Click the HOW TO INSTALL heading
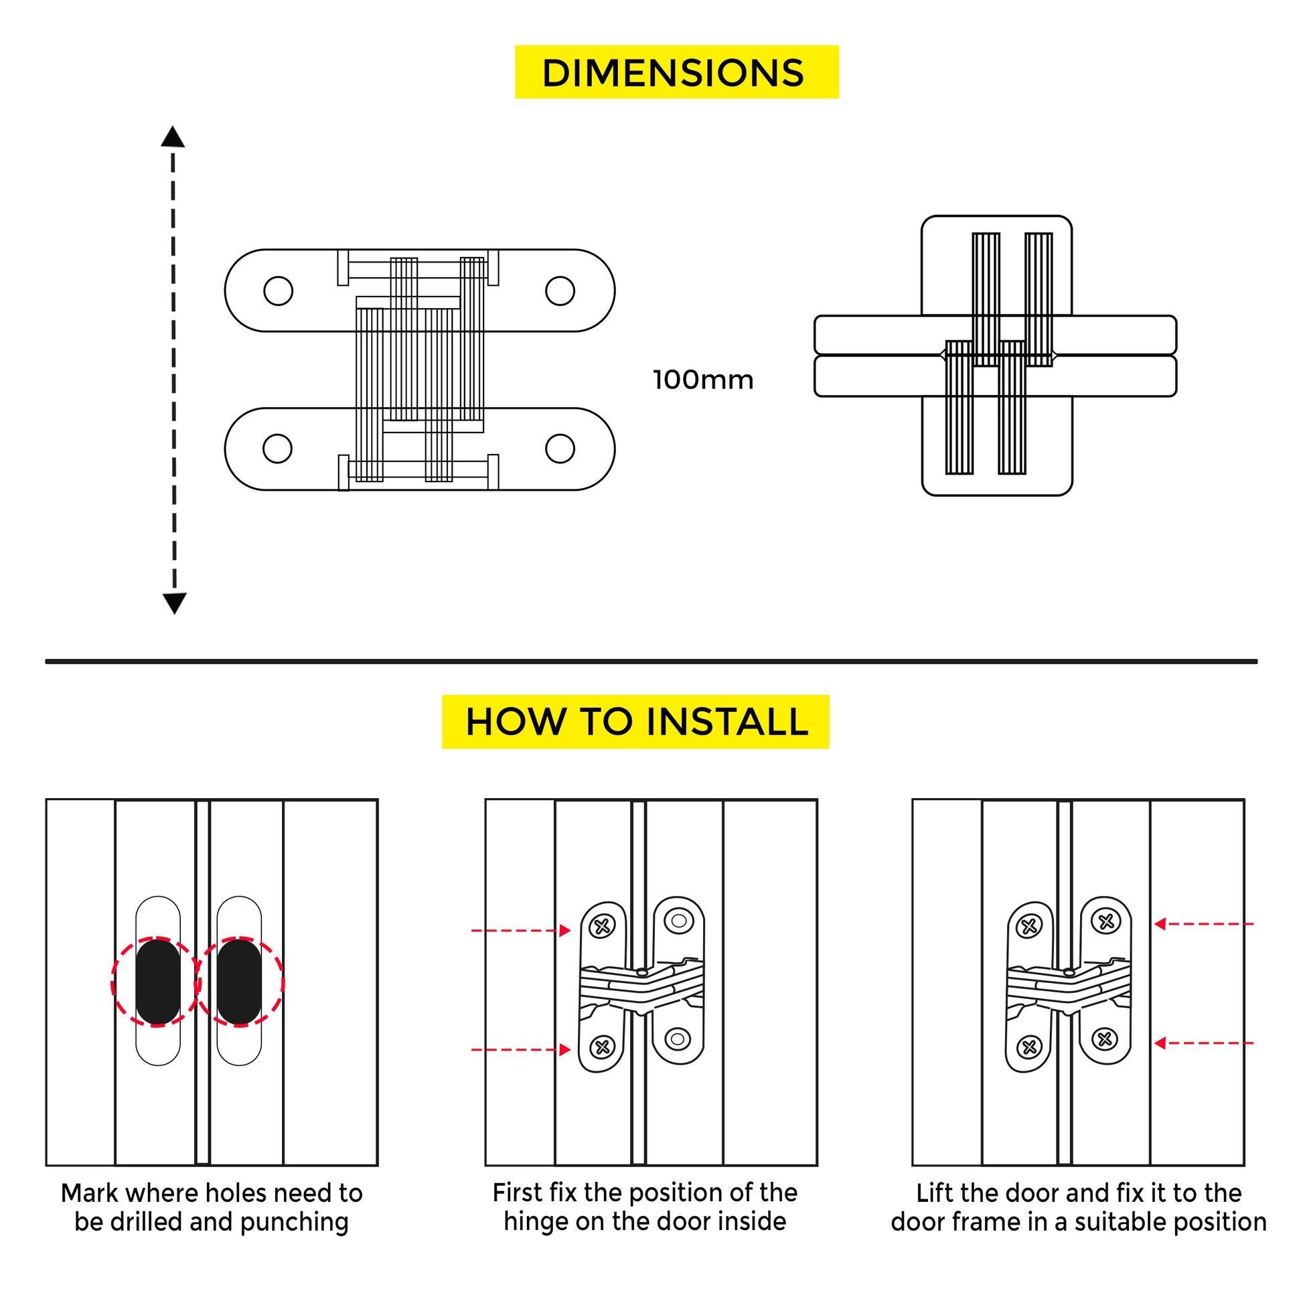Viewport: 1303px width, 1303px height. (x=635, y=722)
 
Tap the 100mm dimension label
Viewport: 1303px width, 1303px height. (x=703, y=380)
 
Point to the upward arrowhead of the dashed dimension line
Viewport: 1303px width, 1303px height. (x=173, y=137)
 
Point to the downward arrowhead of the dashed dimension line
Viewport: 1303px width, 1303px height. (x=174, y=602)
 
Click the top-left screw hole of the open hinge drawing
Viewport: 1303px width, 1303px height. (x=278, y=291)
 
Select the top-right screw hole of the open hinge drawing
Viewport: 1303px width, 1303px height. (x=560, y=291)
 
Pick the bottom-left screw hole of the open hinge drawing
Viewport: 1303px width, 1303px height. (x=277, y=449)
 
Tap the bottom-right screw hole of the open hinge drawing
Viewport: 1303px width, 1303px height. (x=560, y=449)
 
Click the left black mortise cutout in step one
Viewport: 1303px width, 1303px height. (x=158, y=982)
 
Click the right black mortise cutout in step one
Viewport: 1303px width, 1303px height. (x=240, y=982)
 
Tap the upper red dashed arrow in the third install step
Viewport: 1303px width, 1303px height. (x=1203, y=924)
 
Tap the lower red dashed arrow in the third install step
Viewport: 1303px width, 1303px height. (x=1203, y=1043)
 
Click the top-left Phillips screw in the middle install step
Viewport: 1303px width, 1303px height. (x=602, y=927)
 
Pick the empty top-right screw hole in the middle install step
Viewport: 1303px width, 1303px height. (x=678, y=921)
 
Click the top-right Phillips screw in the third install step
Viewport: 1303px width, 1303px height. (x=1105, y=921)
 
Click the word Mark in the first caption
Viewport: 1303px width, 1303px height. (x=90, y=1193)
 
